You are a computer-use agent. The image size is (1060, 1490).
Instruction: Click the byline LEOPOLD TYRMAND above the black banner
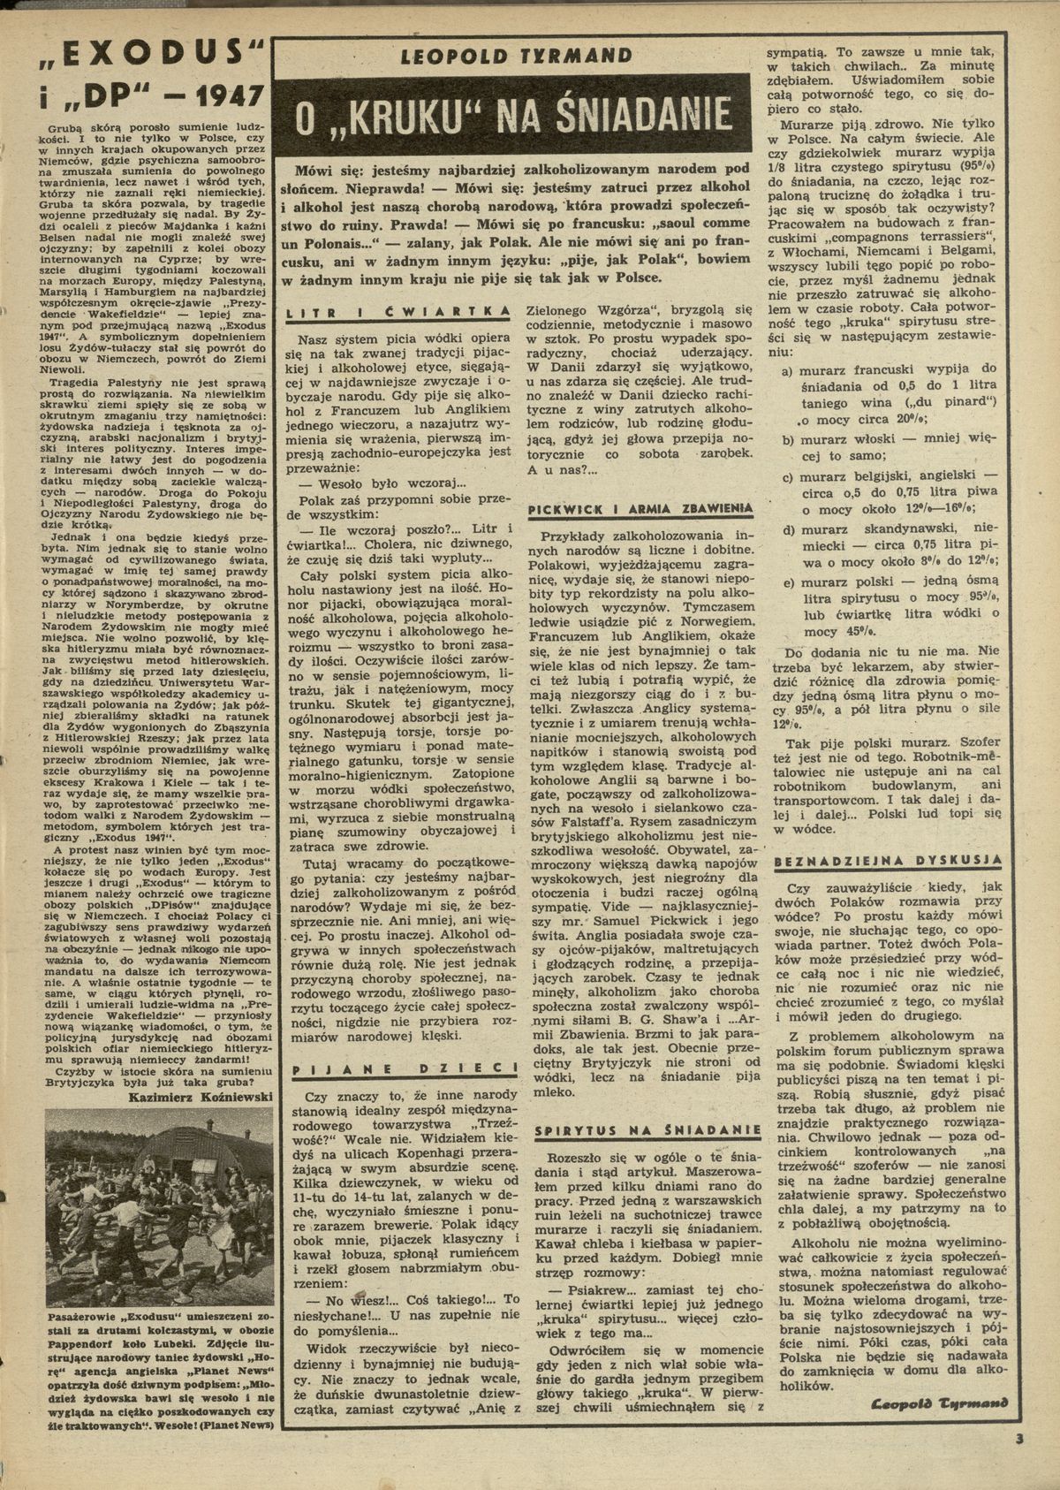(x=517, y=56)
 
